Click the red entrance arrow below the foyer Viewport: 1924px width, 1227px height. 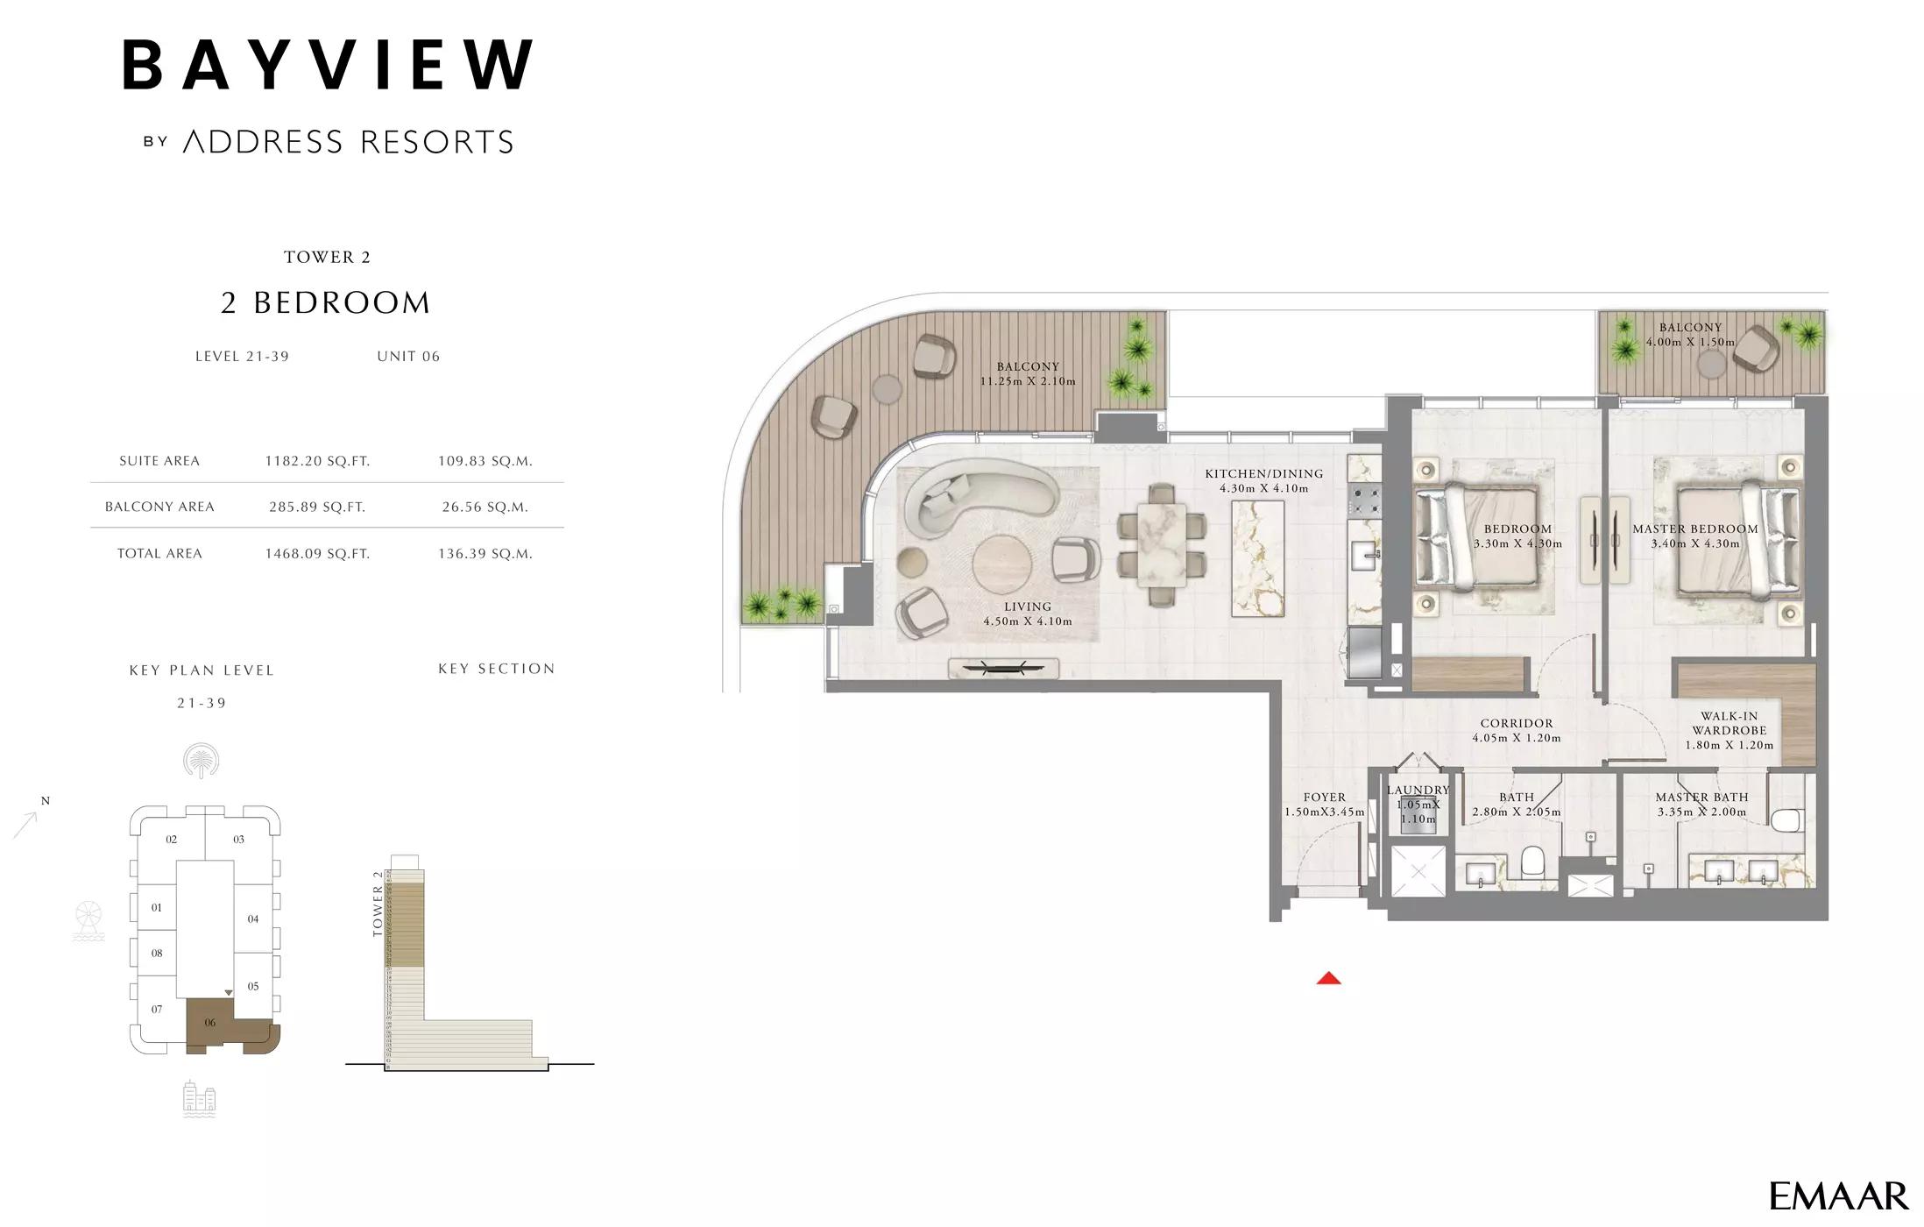point(1328,978)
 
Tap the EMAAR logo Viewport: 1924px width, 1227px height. point(1838,1195)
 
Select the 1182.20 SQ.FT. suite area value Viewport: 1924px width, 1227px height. point(317,461)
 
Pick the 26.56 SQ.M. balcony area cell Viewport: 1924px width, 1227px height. point(485,507)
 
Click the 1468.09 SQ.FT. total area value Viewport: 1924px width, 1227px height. point(317,554)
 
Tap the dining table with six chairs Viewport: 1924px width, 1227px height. point(1162,545)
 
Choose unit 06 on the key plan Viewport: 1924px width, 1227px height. point(210,1023)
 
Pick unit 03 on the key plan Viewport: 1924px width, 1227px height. point(238,840)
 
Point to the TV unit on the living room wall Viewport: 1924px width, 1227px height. point(1003,669)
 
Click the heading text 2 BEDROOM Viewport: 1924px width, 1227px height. point(326,303)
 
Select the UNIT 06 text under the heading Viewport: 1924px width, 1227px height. point(408,357)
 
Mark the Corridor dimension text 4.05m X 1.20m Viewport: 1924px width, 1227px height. point(1517,738)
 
